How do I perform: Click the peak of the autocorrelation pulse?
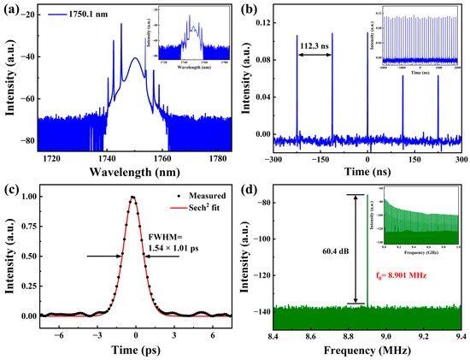(x=132, y=197)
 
